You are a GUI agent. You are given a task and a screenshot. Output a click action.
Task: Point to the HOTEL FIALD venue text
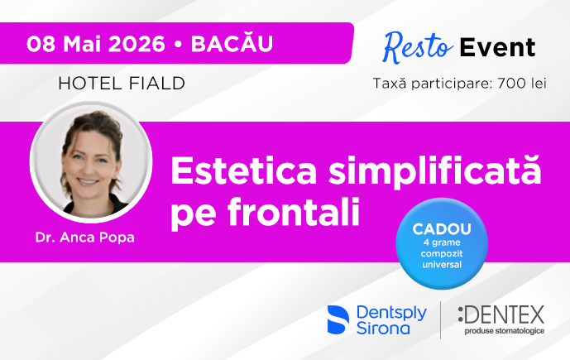(122, 83)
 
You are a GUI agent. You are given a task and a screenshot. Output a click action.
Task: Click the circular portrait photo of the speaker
(91, 161)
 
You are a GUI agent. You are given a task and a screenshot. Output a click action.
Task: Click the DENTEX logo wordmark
(501, 315)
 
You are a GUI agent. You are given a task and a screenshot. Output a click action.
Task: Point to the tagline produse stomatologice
(504, 331)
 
